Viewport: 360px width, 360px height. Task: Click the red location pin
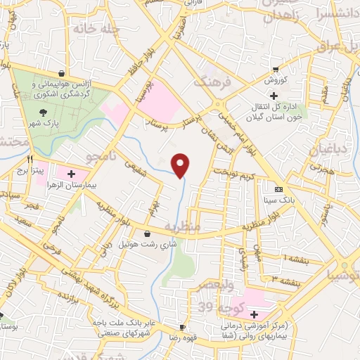point(181,165)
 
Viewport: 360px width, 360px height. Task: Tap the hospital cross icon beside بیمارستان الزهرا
point(72,172)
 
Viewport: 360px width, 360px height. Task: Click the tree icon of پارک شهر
point(44,112)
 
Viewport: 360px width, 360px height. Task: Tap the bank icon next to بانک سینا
point(279,189)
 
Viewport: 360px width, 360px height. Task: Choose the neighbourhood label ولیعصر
point(226,284)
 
